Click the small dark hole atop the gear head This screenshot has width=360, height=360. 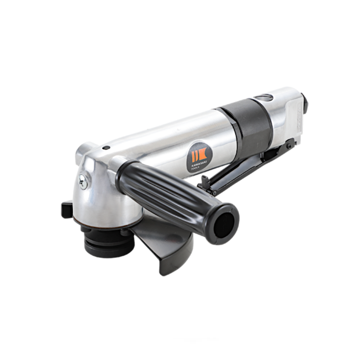pyautogui.click(x=106, y=148)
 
